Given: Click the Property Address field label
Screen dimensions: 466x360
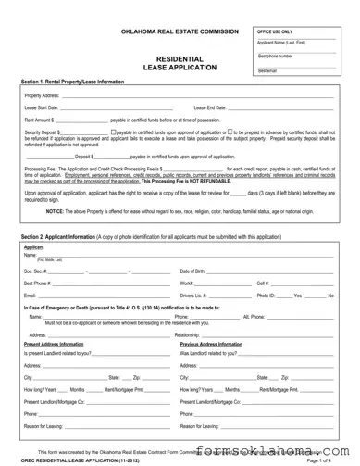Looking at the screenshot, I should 43,96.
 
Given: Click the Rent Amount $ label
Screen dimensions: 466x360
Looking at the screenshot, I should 40,120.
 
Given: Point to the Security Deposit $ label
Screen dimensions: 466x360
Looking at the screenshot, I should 43,132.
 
